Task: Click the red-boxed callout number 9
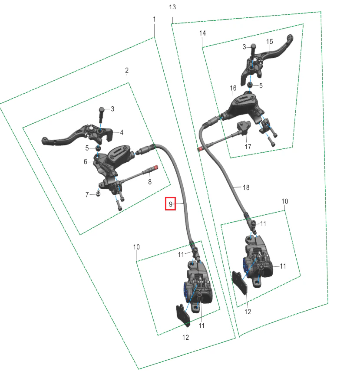[171, 204]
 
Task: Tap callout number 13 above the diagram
[172, 7]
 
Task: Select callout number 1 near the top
[155, 19]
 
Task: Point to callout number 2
[127, 70]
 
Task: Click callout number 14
[202, 33]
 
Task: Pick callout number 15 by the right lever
[270, 42]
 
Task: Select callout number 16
[233, 88]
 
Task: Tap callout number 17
[248, 147]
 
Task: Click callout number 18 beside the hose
[246, 187]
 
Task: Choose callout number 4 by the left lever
[122, 132]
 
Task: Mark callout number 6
[86, 162]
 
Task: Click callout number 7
[87, 194]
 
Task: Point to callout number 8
[150, 182]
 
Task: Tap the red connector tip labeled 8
[156, 167]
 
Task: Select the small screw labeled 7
[98, 194]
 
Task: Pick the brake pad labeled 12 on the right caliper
[240, 283]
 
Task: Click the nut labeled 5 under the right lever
[250, 85]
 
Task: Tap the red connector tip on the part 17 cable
[200, 149]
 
